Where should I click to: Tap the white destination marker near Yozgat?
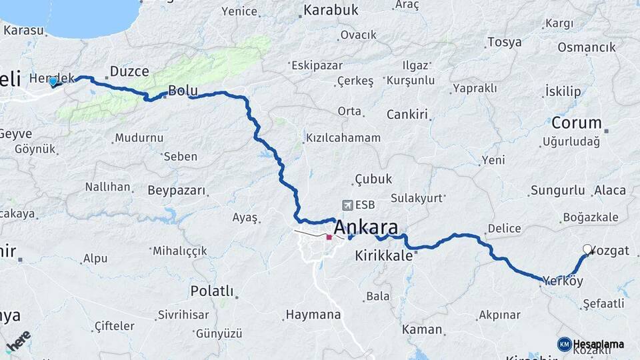click(587, 249)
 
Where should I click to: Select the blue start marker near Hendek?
click(53, 81)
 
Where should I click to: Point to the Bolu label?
click(182, 90)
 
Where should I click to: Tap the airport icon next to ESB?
click(347, 205)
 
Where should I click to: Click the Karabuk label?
click(331, 10)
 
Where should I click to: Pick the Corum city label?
click(576, 123)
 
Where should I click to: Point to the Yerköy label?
click(563, 281)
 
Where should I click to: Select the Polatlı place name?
click(212, 291)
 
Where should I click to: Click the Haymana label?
click(313, 314)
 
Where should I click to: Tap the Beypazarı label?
click(176, 190)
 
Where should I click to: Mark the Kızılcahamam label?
click(343, 138)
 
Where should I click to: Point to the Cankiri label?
click(407, 114)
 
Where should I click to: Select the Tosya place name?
click(504, 43)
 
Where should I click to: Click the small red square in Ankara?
click(329, 237)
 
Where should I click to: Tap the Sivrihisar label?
click(183, 315)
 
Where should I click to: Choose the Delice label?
click(504, 229)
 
